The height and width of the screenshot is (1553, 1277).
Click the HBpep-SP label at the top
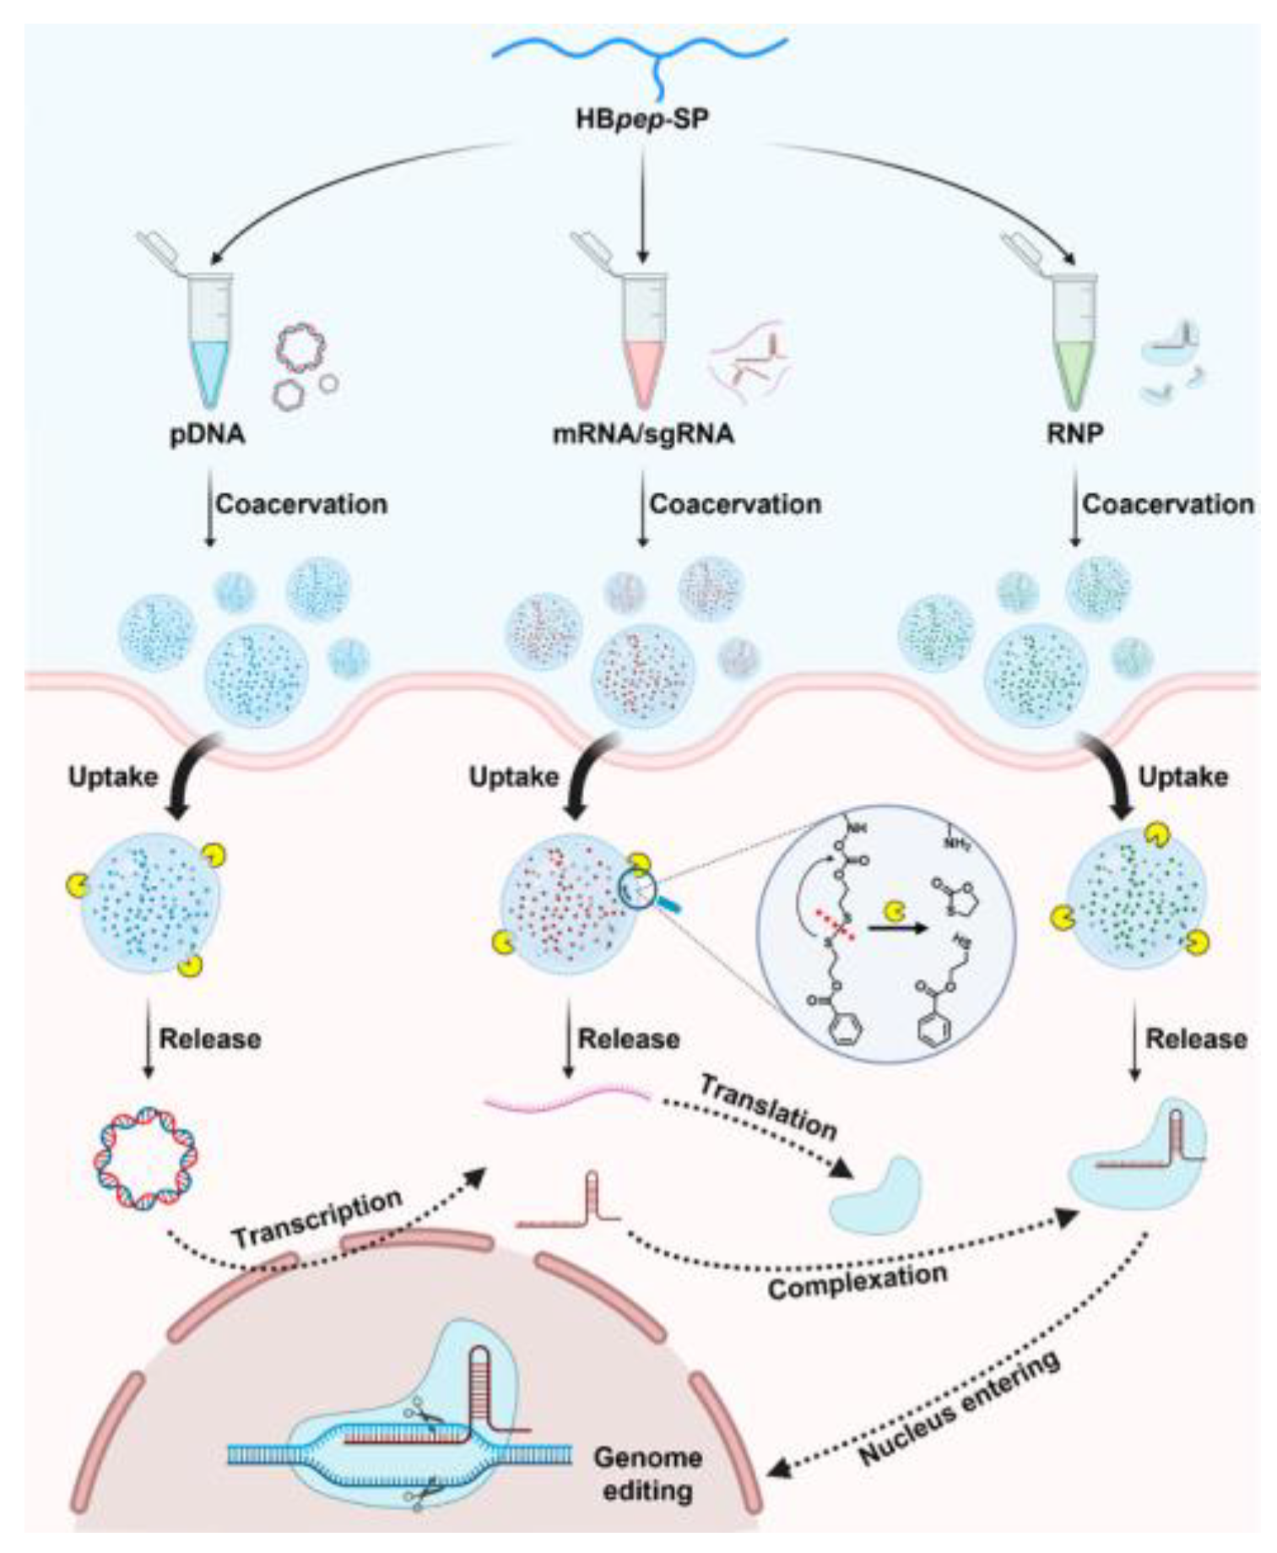click(x=642, y=119)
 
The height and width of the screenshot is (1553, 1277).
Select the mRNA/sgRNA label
click(x=643, y=433)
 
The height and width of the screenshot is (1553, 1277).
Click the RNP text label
click(x=1074, y=433)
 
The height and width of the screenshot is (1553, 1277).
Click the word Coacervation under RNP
click(x=1167, y=504)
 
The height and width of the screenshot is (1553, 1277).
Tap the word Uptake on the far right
click(x=1182, y=776)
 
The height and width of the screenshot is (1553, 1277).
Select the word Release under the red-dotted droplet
click(x=629, y=1038)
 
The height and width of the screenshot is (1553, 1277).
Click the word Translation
click(x=768, y=1107)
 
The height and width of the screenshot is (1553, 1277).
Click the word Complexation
click(x=857, y=1281)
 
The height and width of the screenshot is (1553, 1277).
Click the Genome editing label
click(x=647, y=1473)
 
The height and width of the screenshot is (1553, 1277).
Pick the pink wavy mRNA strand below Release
click(x=567, y=1099)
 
